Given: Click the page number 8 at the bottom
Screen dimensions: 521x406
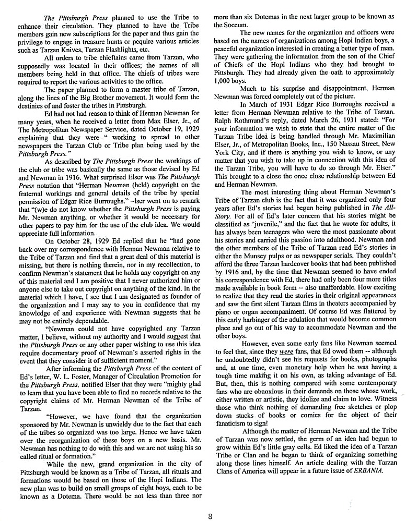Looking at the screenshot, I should coord(210,503).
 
